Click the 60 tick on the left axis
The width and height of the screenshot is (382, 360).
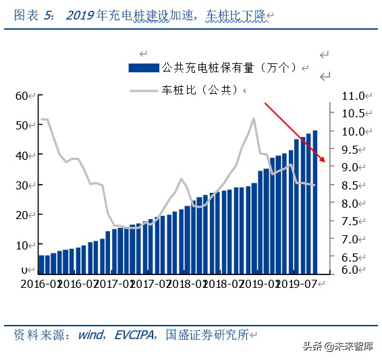(24, 96)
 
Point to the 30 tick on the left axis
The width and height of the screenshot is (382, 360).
(24, 185)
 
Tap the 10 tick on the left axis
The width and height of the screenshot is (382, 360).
(24, 245)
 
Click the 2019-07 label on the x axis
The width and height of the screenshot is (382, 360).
(297, 284)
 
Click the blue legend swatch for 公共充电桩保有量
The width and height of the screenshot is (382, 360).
(144, 67)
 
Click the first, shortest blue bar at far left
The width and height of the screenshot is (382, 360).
(41, 265)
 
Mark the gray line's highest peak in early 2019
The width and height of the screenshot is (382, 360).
(254, 118)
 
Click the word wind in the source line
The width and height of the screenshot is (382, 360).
(90, 334)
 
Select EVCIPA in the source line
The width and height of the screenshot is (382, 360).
(135, 334)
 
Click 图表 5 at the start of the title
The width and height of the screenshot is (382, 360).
(34, 15)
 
